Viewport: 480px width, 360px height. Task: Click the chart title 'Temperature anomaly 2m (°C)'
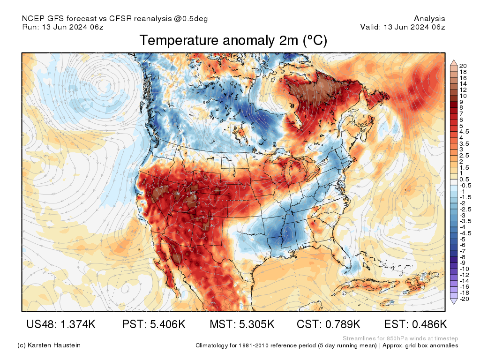click(233, 41)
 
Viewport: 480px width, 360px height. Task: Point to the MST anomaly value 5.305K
click(242, 324)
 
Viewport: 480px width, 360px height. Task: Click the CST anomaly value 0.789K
click(328, 324)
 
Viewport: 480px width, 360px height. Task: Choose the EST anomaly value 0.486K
click(415, 324)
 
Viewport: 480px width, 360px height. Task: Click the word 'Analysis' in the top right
click(429, 19)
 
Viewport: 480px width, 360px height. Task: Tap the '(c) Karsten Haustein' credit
click(49, 345)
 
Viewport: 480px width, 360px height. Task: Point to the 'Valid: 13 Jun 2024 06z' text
click(402, 27)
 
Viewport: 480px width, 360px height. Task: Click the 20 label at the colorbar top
click(464, 66)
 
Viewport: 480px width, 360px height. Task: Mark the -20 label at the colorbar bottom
click(465, 299)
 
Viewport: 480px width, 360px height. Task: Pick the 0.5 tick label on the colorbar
click(464, 180)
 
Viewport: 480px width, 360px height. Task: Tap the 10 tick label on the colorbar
click(463, 96)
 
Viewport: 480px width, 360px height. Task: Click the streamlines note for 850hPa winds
click(400, 338)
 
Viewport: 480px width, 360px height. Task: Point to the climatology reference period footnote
click(327, 346)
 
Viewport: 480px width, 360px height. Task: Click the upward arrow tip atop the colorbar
click(454, 61)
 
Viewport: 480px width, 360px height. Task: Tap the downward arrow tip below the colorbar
click(454, 303)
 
